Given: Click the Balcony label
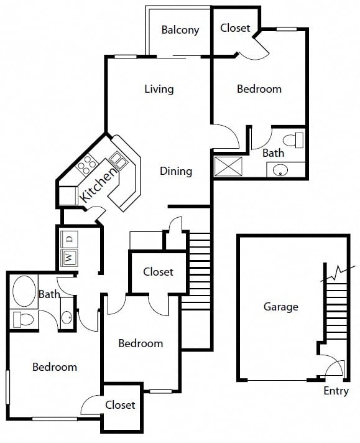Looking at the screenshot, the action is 180,30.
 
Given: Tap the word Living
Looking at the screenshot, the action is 159,89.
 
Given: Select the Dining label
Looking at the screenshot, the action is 176,171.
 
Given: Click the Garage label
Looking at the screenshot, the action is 281,307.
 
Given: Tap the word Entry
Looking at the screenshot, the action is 336,391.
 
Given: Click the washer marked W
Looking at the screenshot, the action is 69,258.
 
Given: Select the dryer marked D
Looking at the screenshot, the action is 69,240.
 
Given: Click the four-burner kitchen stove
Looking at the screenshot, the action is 86,164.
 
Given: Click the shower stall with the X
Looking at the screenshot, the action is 228,166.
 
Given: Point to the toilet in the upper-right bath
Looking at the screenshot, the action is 293,140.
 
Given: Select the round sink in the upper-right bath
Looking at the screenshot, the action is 280,170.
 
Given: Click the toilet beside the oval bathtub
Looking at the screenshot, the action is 24,319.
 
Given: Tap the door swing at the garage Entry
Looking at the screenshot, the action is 334,368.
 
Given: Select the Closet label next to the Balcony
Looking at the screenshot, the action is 235,28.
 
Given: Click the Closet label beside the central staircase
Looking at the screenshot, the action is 158,272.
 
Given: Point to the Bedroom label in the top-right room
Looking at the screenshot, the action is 259,89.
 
